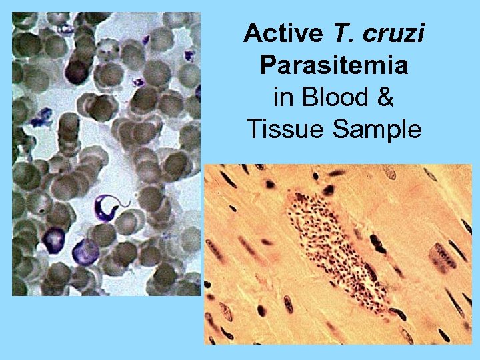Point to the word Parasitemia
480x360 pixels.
pos(333,65)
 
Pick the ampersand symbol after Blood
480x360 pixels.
pos(385,97)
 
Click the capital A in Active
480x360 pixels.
pos(252,33)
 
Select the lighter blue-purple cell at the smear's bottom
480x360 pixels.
pos(85,251)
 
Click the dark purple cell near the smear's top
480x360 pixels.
pos(77,69)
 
